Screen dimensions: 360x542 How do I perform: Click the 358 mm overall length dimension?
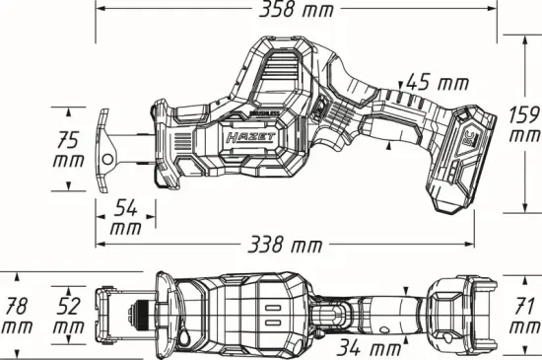[x=294, y=11]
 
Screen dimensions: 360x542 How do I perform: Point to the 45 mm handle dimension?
[x=439, y=83]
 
